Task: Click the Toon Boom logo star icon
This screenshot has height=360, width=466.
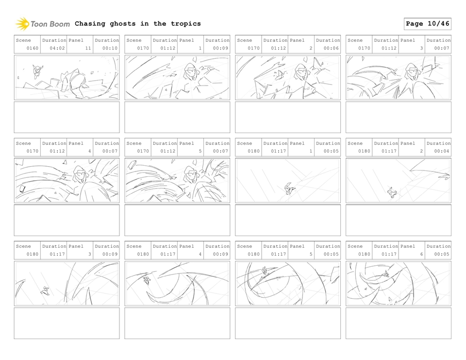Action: [22, 24]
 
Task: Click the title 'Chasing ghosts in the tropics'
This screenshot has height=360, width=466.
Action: [137, 24]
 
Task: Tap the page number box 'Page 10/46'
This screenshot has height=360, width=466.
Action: [427, 24]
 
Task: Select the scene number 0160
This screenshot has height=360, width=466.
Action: [33, 49]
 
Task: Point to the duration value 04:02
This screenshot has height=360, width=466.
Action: [57, 49]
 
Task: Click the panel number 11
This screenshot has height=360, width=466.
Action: [88, 49]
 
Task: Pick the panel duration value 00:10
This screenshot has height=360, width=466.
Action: [110, 49]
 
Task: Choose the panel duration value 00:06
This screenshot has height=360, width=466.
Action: [332, 49]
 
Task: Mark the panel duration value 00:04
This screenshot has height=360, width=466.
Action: [442, 152]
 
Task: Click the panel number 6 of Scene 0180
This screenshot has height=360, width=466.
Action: [421, 254]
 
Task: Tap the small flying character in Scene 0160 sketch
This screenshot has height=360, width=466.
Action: [36, 71]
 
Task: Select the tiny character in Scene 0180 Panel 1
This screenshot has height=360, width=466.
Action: [289, 189]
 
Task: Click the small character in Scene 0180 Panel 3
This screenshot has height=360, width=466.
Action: [45, 291]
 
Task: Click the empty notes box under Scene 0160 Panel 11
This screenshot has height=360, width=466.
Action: [67, 117]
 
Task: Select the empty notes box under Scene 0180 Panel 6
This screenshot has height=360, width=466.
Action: [398, 323]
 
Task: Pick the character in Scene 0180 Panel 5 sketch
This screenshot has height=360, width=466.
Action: [265, 271]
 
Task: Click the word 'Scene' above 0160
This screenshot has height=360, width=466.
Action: [23, 40]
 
